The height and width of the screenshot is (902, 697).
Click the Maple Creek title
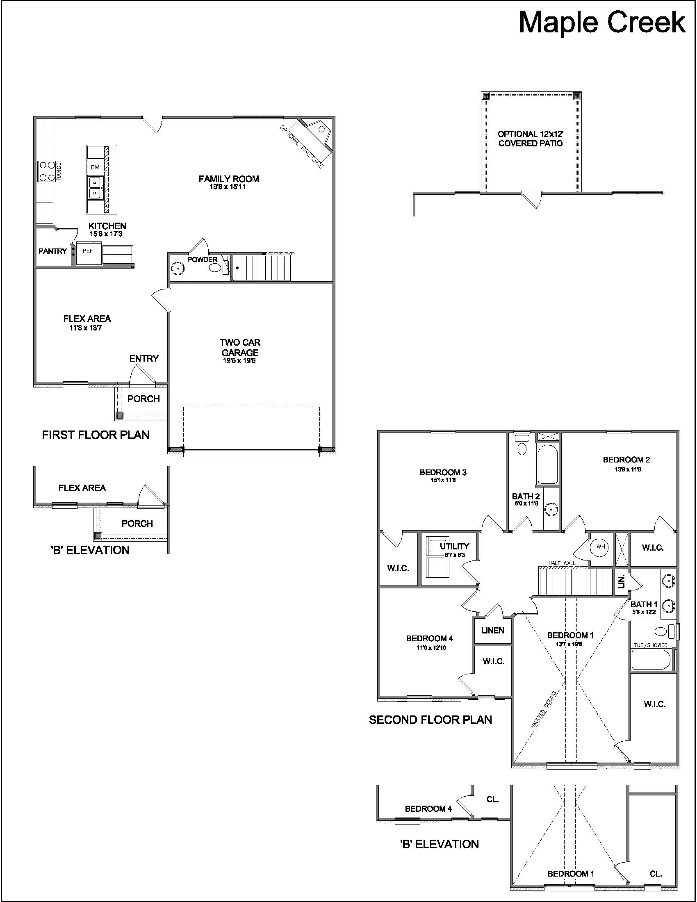[601, 23]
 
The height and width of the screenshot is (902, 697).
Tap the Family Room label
[229, 179]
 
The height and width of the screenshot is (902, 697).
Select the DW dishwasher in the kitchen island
[95, 167]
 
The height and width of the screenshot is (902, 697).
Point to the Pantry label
[52, 251]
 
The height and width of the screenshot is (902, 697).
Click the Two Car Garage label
[240, 347]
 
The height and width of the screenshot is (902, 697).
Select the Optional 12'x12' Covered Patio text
[531, 139]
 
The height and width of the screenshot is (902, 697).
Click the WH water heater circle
[600, 547]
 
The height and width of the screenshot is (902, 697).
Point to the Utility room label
[454, 547]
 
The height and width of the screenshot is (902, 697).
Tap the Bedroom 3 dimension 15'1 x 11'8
[443, 480]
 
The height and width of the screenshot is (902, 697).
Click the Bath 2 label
[526, 497]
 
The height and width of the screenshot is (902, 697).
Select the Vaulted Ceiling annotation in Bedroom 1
[544, 709]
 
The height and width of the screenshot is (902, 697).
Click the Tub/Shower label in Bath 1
[651, 645]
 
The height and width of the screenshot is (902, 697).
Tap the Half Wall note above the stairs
[562, 563]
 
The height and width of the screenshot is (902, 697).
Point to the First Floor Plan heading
[96, 435]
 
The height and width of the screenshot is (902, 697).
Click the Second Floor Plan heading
[430, 720]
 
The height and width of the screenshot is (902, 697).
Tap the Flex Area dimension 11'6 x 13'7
[85, 328]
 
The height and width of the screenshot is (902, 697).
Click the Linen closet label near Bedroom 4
[492, 630]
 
